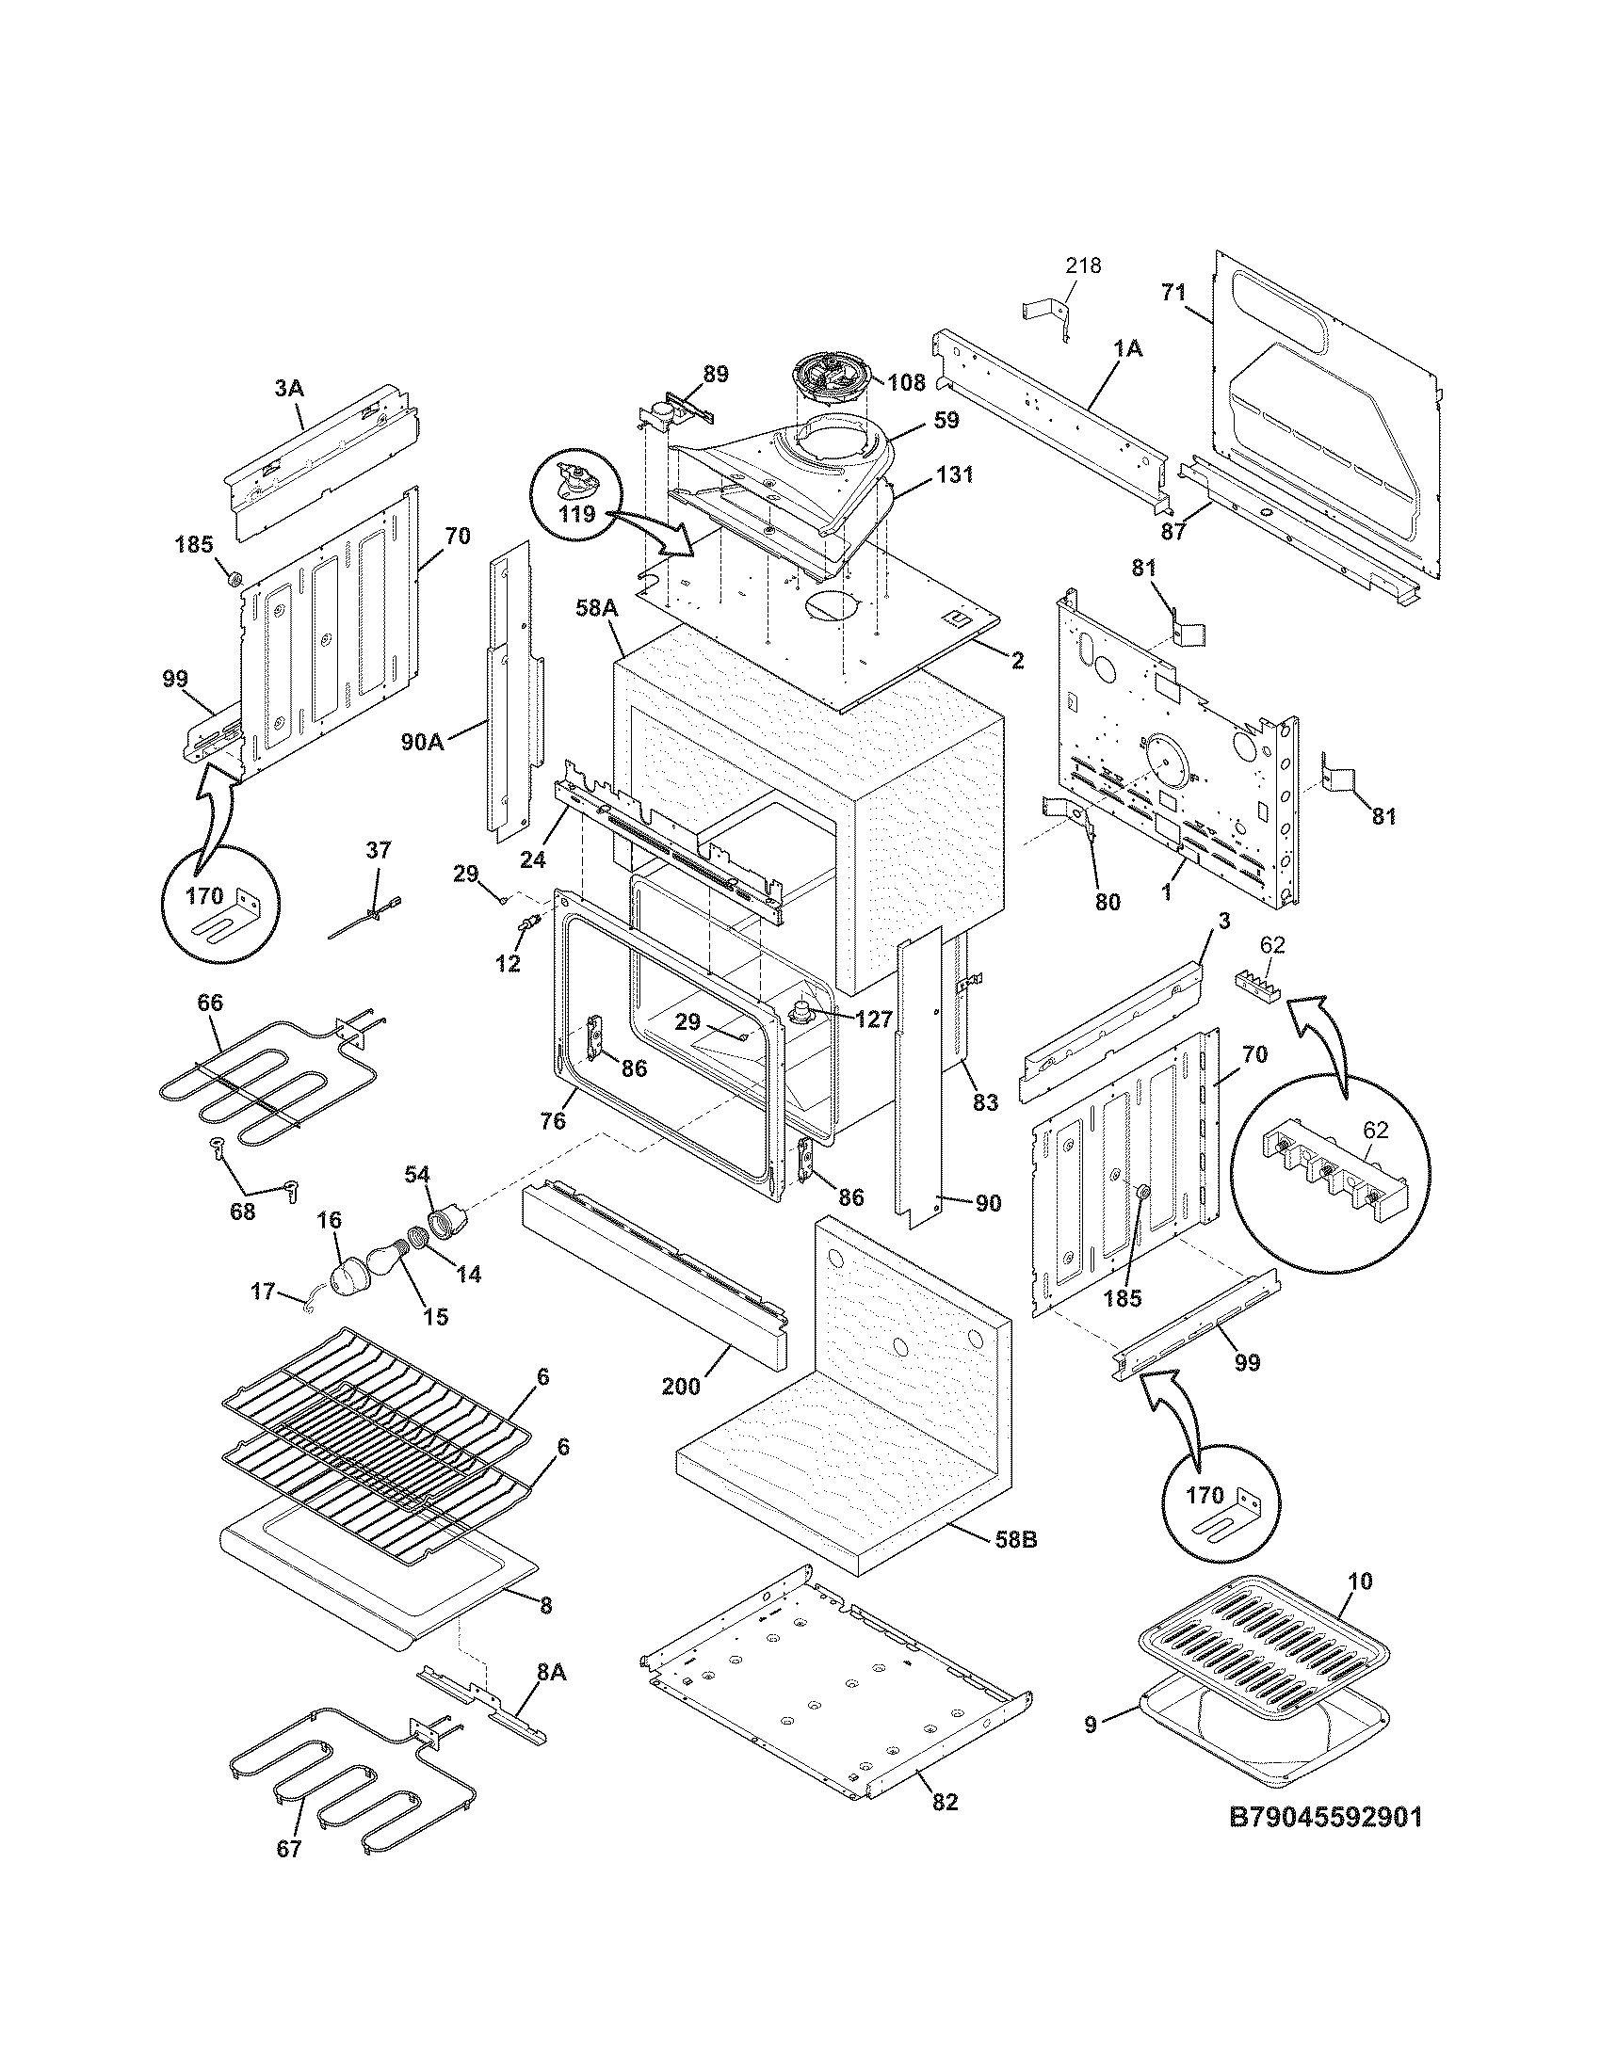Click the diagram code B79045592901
click(x=1325, y=1843)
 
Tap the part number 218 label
click(x=1082, y=266)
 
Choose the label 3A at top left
click(x=289, y=388)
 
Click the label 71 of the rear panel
click(x=1174, y=293)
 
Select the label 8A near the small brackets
click(x=551, y=1673)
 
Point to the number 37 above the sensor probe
click(x=379, y=851)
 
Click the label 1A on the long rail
click(x=1127, y=349)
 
